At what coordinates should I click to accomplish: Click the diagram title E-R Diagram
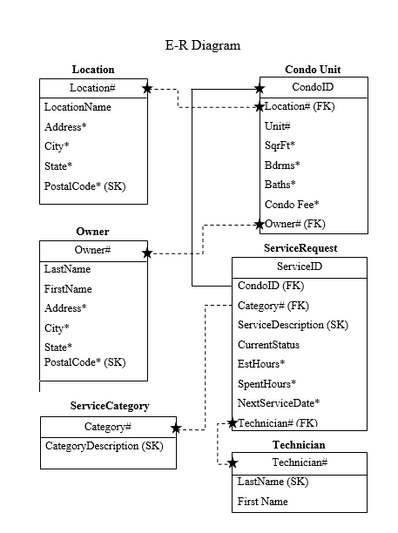[x=202, y=45]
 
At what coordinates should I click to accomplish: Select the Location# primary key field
[x=92, y=88]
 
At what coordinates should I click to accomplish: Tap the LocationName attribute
[x=78, y=107]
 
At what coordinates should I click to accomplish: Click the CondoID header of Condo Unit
[x=313, y=87]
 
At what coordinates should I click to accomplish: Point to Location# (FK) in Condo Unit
[x=299, y=106]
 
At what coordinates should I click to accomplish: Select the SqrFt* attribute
[x=280, y=145]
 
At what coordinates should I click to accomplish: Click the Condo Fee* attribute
[x=292, y=204]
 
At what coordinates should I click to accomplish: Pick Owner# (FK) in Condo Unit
[x=294, y=224]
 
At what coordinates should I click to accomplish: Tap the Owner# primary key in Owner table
[x=92, y=251]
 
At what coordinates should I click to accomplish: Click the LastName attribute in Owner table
[x=67, y=270]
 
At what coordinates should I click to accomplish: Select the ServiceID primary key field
[x=299, y=266]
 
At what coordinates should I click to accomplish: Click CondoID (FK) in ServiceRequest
[x=271, y=286]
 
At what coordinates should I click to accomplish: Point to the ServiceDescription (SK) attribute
[x=293, y=325]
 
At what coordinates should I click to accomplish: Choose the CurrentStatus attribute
[x=268, y=345]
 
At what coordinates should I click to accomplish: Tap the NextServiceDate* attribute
[x=279, y=403]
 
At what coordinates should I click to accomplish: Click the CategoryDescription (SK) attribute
[x=104, y=446]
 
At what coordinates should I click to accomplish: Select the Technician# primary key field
[x=299, y=462]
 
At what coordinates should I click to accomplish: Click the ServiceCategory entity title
[x=110, y=406]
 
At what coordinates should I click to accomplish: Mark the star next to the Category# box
[x=176, y=428]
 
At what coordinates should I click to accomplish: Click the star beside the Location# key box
[x=147, y=88]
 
